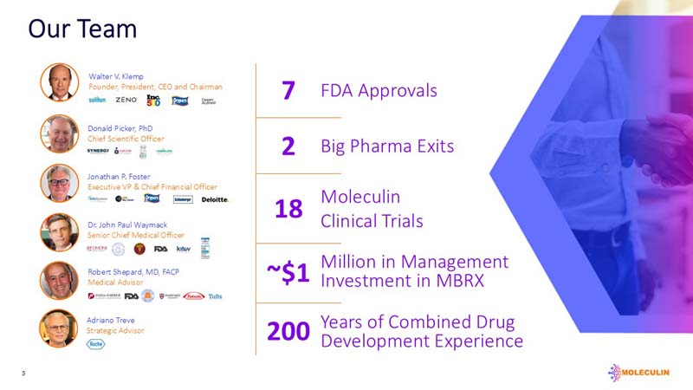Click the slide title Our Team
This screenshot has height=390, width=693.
point(82,29)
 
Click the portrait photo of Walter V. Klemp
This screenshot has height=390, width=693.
point(59,83)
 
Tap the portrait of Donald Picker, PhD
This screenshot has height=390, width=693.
point(59,133)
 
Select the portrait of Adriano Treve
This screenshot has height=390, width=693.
point(59,328)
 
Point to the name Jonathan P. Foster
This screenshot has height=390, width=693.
point(120,176)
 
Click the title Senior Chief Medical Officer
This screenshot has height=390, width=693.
point(136,235)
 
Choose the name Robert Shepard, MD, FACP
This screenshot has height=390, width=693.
point(134,272)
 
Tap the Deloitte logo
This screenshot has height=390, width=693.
point(215,199)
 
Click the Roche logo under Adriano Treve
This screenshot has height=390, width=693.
point(95,344)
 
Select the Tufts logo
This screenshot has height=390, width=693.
point(216,296)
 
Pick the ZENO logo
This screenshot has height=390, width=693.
point(126,101)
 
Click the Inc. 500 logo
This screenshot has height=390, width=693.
point(153,101)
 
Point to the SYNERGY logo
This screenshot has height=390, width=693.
point(98,151)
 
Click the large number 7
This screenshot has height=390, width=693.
point(288,91)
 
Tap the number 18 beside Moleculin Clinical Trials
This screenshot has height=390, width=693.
point(288,209)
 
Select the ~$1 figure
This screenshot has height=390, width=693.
point(288,272)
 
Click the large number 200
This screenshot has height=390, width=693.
point(288,332)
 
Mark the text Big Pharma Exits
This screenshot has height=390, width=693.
point(387,146)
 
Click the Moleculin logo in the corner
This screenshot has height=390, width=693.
point(641,372)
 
